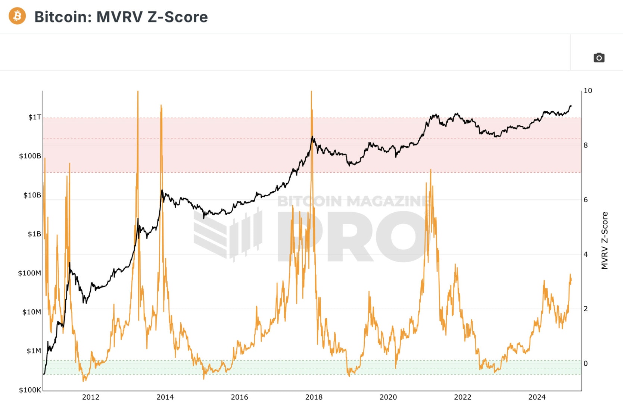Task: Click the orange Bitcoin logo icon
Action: [17, 16]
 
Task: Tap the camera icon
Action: [599, 57]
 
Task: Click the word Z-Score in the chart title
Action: [177, 17]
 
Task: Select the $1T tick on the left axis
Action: [35, 117]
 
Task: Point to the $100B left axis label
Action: [30, 156]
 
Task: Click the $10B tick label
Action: [32, 195]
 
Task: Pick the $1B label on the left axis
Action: [34, 234]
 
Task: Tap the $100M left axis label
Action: [29, 273]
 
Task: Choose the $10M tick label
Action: [32, 312]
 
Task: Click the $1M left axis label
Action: [34, 351]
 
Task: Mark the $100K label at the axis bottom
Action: [30, 390]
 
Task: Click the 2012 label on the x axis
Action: [91, 397]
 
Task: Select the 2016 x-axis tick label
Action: [239, 397]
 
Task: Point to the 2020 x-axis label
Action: [388, 397]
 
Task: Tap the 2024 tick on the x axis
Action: [537, 397]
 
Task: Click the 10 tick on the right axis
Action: [588, 91]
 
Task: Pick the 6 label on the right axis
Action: [586, 200]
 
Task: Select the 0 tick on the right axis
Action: [586, 363]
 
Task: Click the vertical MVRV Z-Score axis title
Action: [605, 240]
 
